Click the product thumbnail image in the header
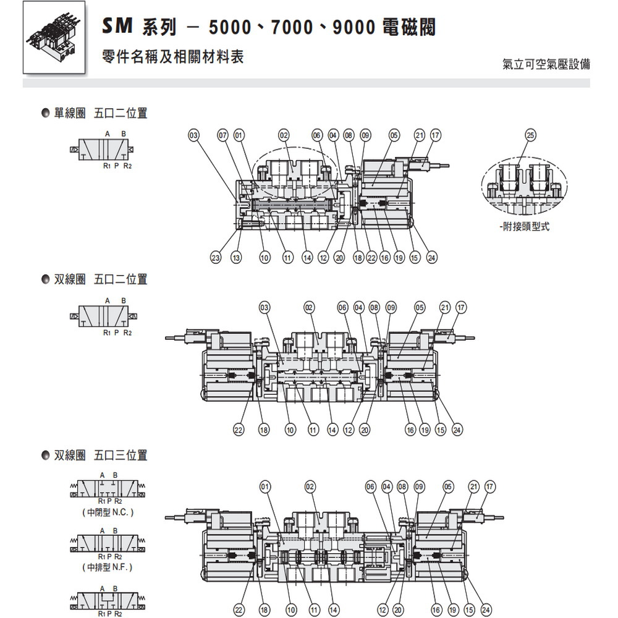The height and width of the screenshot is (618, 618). pyautogui.click(x=54, y=37)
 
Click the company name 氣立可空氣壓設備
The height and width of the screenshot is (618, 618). pyautogui.click(x=546, y=64)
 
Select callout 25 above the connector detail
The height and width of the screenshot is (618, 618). pyautogui.click(x=530, y=135)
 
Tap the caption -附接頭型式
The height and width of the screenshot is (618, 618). pyautogui.click(x=524, y=227)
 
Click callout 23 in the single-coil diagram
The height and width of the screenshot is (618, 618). pyautogui.click(x=216, y=258)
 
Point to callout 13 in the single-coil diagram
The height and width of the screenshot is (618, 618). pyautogui.click(x=236, y=258)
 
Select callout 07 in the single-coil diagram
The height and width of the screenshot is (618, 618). pyautogui.click(x=223, y=135)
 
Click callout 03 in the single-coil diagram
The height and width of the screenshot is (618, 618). pyautogui.click(x=193, y=135)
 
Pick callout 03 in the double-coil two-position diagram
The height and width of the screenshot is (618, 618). pyautogui.click(x=265, y=307)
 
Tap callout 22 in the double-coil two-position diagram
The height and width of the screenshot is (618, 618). pyautogui.click(x=239, y=430)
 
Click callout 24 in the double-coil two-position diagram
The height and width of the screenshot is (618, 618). pyautogui.click(x=457, y=430)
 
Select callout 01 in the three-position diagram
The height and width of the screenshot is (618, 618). pyautogui.click(x=265, y=487)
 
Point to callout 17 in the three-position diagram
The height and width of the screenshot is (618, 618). pyautogui.click(x=489, y=487)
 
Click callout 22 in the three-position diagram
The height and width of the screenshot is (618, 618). pyautogui.click(x=239, y=610)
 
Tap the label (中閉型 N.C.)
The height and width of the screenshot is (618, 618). pyautogui.click(x=108, y=512)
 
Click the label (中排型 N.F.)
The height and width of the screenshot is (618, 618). pyautogui.click(x=107, y=567)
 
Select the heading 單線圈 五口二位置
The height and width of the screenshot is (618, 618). pyautogui.click(x=101, y=113)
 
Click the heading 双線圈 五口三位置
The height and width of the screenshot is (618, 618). pyautogui.click(x=101, y=455)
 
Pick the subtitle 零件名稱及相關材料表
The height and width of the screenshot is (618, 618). pyautogui.click(x=173, y=57)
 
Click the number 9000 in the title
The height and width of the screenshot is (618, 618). pyautogui.click(x=354, y=28)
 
